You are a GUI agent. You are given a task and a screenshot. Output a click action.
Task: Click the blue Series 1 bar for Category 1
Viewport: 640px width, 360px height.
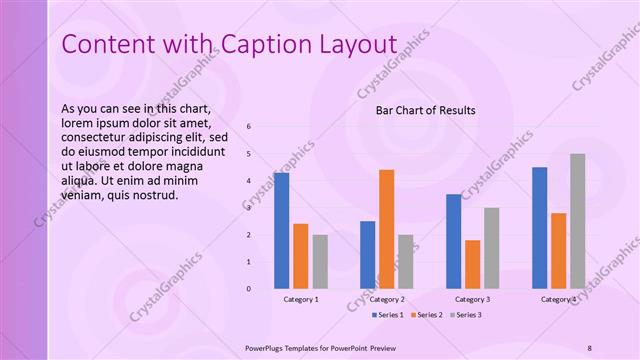click(x=281, y=231)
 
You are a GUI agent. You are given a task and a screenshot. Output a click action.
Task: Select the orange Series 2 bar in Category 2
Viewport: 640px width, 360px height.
click(x=386, y=229)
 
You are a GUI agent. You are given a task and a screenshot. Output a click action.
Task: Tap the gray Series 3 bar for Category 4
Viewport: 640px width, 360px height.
click(x=577, y=221)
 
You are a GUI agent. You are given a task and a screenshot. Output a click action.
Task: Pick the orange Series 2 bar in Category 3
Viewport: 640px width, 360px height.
click(x=472, y=264)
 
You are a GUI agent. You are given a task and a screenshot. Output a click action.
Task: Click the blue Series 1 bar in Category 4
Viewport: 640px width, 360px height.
click(x=539, y=228)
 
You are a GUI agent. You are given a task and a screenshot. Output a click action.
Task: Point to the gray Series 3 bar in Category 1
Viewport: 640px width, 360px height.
click(x=319, y=262)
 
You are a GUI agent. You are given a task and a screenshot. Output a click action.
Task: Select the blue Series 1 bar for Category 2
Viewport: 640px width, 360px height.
click(x=367, y=255)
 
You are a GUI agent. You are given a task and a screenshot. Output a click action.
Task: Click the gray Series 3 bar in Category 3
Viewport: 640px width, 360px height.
click(x=491, y=248)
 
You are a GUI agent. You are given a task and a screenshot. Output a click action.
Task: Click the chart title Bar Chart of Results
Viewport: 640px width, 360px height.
click(x=425, y=110)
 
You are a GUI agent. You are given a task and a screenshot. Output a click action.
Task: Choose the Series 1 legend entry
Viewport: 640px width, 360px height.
click(x=388, y=315)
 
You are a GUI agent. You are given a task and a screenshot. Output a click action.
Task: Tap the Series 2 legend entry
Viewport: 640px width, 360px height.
click(x=426, y=315)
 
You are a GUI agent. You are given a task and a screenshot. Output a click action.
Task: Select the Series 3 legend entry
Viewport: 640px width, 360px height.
click(x=465, y=315)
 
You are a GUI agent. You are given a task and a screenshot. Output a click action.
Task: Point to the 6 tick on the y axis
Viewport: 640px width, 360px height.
click(x=248, y=127)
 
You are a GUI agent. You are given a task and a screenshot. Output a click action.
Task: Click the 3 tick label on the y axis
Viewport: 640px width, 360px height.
click(x=248, y=208)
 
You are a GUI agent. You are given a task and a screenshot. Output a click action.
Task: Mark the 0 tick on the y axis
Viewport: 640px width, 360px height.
click(x=248, y=289)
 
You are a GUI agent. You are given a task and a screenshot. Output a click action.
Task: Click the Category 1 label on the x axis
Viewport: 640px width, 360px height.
click(x=301, y=299)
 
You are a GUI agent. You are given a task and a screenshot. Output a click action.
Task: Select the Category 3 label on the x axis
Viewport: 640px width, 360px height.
click(x=472, y=299)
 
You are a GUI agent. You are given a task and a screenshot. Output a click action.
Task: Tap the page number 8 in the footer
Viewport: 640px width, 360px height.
click(x=589, y=346)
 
